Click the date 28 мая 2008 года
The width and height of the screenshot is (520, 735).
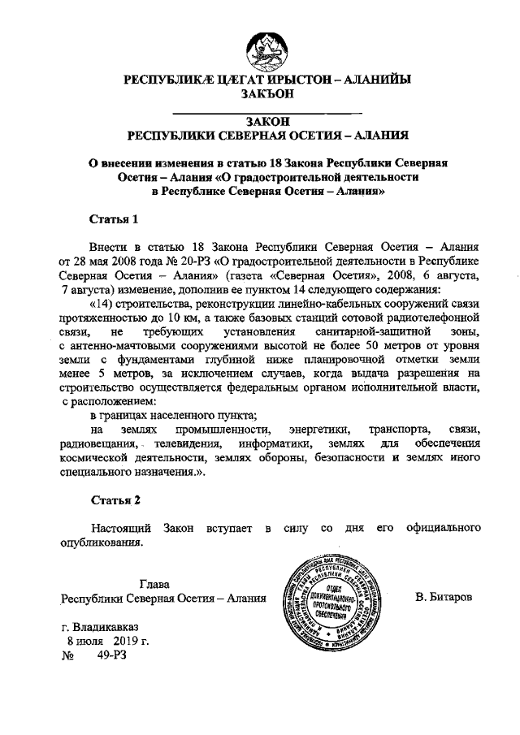pyautogui.click(x=114, y=262)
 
